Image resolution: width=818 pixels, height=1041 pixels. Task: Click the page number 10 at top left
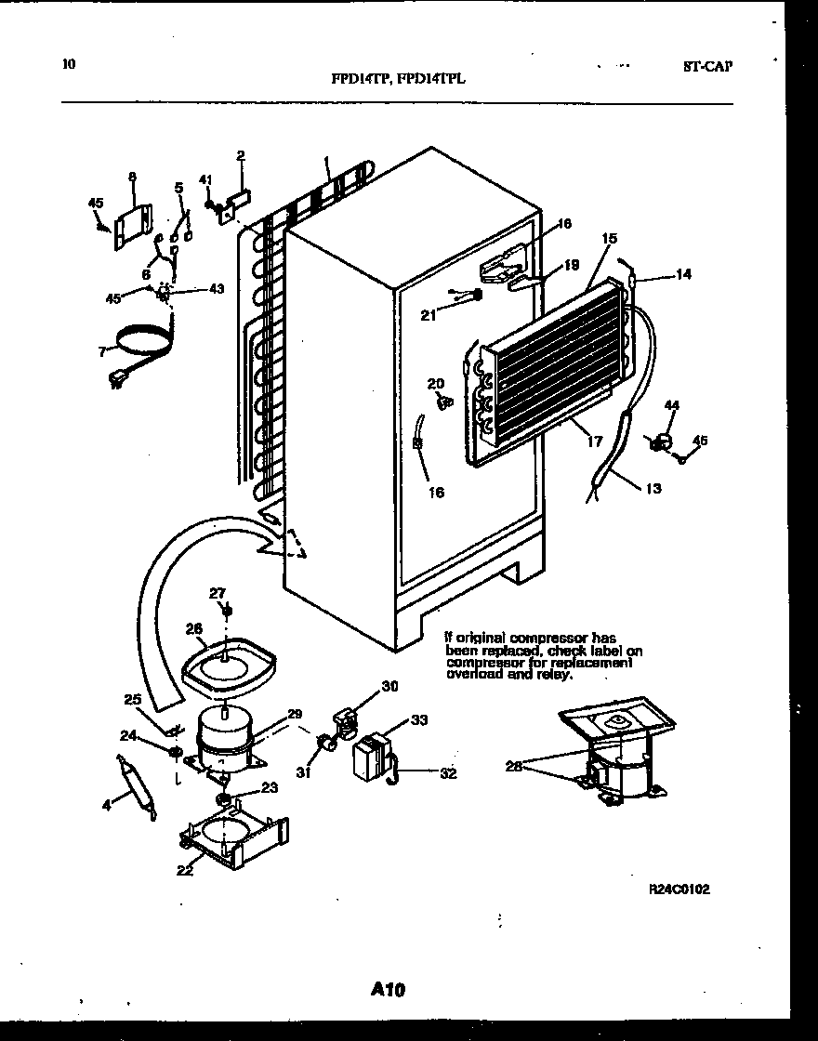(x=68, y=64)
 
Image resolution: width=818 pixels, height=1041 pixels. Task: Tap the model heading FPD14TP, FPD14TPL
(x=398, y=79)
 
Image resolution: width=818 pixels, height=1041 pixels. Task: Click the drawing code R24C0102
(x=679, y=889)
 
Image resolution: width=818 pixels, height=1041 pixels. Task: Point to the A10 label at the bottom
(x=387, y=991)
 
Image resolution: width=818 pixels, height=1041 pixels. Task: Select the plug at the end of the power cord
(x=118, y=379)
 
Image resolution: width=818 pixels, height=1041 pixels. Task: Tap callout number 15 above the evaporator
(x=609, y=239)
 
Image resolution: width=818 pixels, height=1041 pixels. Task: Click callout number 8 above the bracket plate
(x=131, y=176)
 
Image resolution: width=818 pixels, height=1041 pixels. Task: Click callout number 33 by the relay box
(x=419, y=720)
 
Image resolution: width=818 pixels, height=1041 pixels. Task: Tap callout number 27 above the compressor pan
(x=217, y=592)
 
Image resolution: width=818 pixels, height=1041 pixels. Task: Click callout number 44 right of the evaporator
(x=672, y=405)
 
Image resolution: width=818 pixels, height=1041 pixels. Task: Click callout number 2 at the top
(x=240, y=155)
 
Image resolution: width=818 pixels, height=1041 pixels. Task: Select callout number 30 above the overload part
(x=389, y=687)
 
